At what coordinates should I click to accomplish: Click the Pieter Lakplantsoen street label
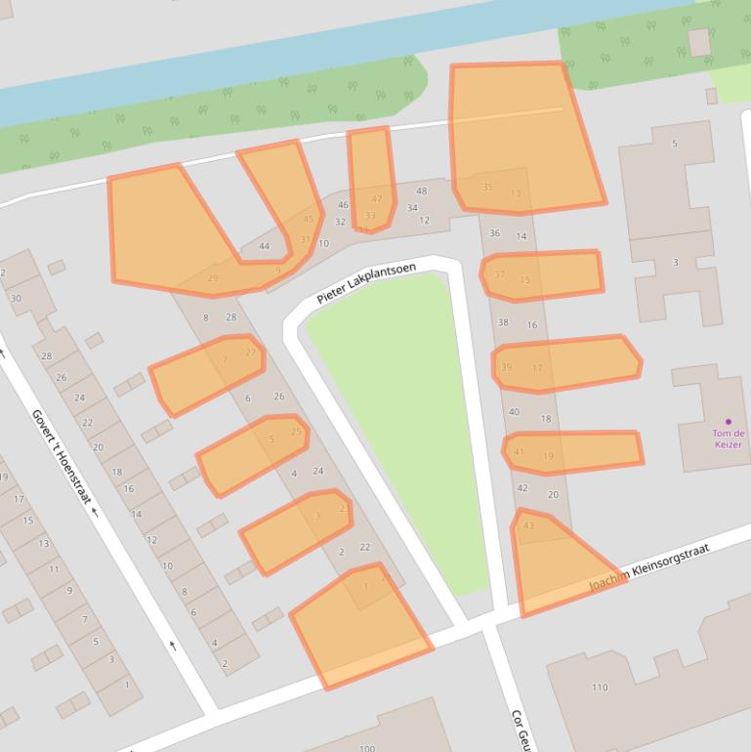tap(366, 283)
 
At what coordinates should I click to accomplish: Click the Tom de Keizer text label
tap(728, 439)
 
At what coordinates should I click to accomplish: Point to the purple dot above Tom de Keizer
tap(728, 422)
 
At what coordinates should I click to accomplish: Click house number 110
tap(600, 688)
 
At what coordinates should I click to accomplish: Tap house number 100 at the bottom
tap(366, 748)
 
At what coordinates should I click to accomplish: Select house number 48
tap(422, 191)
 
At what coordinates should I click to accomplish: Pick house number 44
tap(264, 246)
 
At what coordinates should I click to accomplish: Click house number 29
tap(213, 279)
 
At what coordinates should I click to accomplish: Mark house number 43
tap(528, 526)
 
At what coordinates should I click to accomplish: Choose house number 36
tap(494, 233)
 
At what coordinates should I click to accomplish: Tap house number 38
tap(503, 322)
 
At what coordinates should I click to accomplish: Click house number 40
tap(514, 412)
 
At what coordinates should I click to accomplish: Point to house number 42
tap(522, 488)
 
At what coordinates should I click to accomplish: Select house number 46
tap(343, 205)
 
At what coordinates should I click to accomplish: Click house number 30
tap(16, 298)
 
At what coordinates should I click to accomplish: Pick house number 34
tap(412, 208)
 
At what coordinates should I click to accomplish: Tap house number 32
tap(340, 222)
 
